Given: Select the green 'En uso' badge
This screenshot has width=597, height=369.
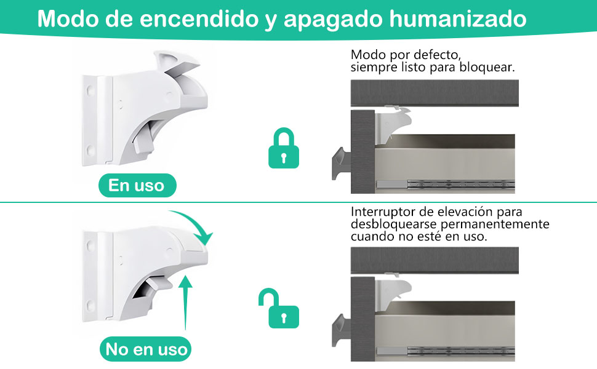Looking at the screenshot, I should tap(137, 185).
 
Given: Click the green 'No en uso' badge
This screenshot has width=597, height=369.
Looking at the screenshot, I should tap(145, 350).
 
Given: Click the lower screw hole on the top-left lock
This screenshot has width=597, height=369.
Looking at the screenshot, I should tap(90, 149).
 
